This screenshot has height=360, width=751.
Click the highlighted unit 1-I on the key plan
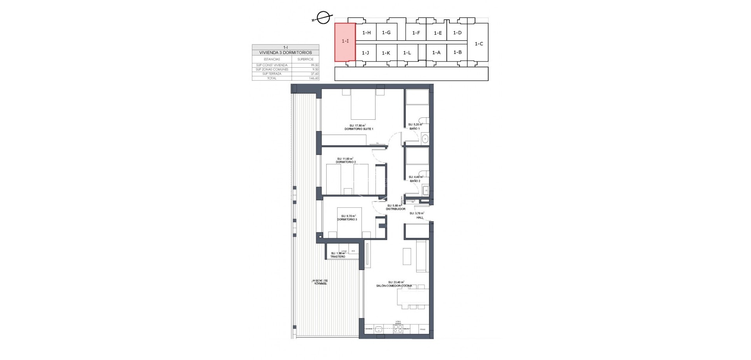tap(345, 42)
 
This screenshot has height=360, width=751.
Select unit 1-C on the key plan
tap(479, 44)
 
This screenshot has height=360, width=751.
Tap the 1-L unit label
tap(407, 53)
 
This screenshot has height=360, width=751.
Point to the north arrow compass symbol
tap(323, 18)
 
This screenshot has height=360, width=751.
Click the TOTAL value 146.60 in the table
tap(314, 78)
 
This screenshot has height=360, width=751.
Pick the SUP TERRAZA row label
tap(272, 74)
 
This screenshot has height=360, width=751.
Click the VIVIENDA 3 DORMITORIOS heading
tap(286, 52)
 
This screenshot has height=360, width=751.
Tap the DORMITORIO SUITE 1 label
tap(359, 129)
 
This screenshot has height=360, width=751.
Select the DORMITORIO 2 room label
tap(346, 162)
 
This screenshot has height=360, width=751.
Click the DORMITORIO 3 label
tap(347, 220)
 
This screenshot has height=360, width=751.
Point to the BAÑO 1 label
tap(415, 128)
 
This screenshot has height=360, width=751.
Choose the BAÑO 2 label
tap(415, 181)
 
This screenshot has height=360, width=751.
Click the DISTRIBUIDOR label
tap(395, 209)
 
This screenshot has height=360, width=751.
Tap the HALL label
tap(420, 218)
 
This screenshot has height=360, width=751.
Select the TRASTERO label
tap(338, 257)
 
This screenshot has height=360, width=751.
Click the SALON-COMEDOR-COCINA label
tap(394, 286)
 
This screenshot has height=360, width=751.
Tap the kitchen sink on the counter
tap(379, 329)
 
